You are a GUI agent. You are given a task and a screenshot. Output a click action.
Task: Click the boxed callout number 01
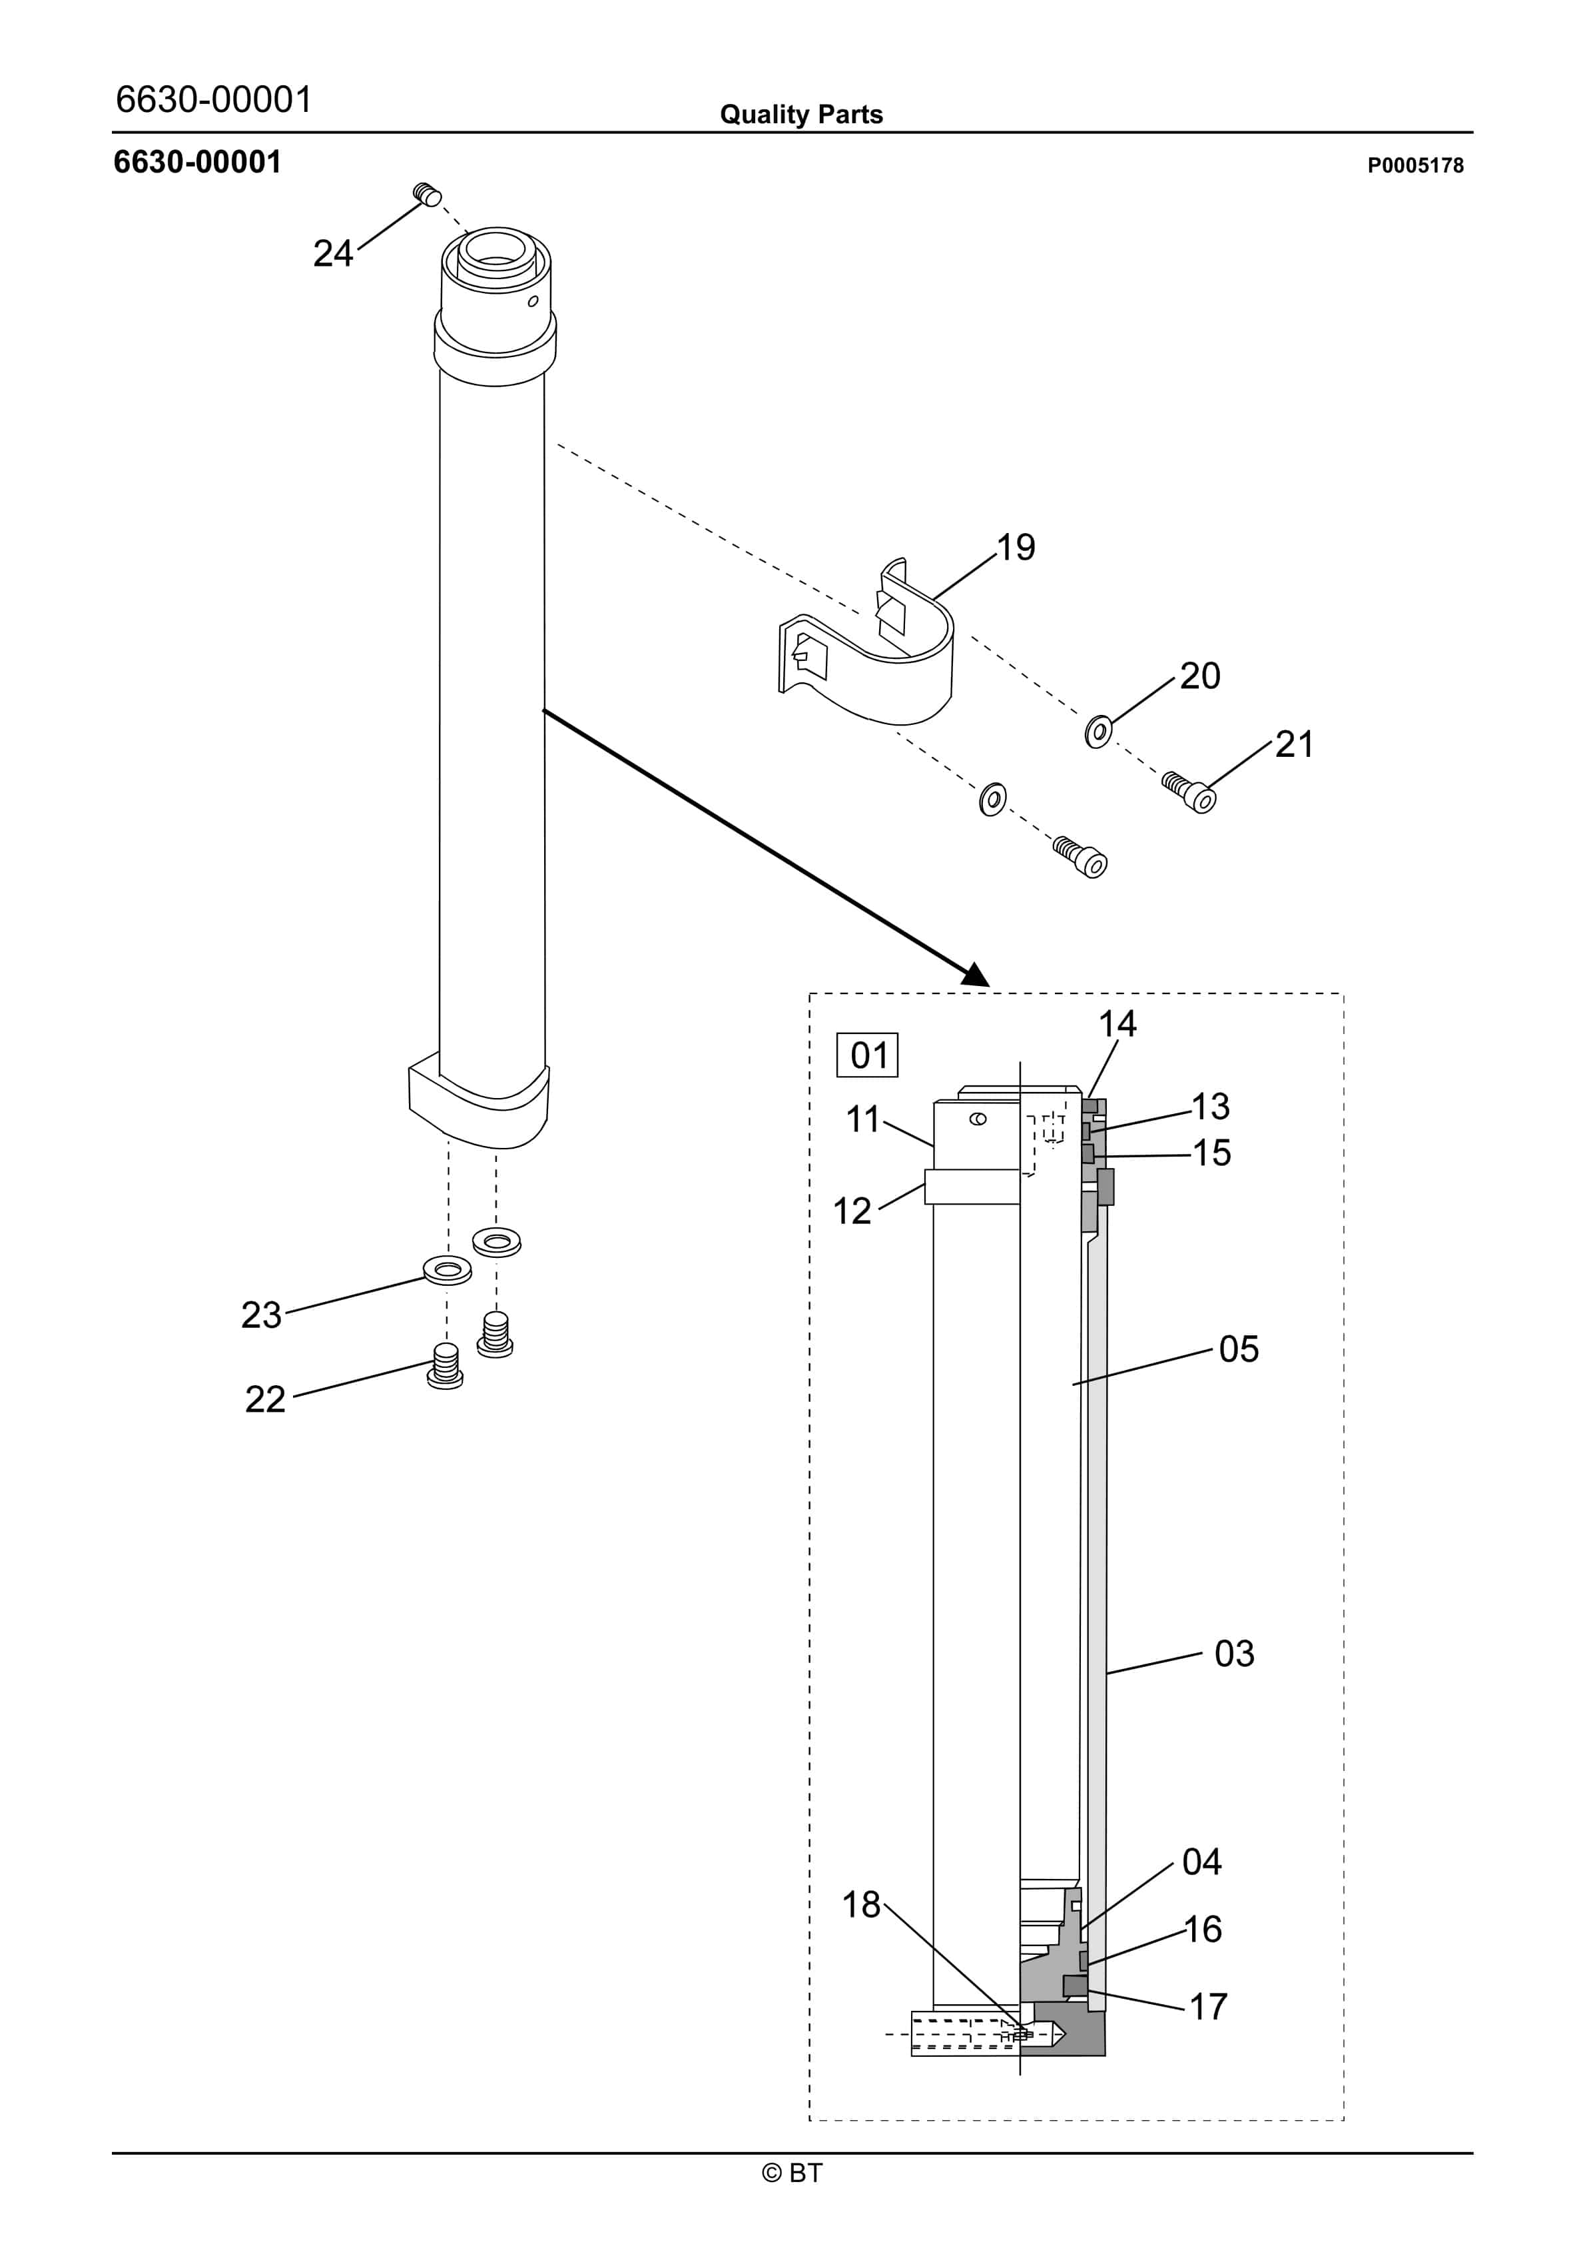867,1055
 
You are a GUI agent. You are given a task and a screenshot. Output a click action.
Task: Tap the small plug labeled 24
427,195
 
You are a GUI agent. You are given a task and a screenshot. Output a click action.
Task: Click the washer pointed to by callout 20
1098,730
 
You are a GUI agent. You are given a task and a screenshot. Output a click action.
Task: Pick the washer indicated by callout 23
448,1271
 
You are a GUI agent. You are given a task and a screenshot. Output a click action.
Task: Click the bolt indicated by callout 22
446,1365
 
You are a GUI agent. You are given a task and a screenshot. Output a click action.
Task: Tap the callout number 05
1238,1350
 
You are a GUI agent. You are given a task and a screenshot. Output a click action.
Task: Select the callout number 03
1233,1654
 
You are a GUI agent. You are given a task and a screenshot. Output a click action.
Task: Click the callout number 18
861,1904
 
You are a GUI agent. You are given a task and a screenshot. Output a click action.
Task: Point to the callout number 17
1208,2007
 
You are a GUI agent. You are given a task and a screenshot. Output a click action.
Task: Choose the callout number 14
1117,1024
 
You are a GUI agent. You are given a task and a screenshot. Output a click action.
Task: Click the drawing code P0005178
1414,166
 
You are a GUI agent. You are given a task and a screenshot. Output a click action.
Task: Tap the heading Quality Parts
800,115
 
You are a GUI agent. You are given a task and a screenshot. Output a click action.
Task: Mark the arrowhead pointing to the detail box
976,975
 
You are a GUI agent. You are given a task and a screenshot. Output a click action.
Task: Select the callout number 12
851,1211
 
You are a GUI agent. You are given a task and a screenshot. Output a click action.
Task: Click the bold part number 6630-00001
197,163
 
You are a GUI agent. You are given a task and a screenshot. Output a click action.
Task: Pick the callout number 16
1203,1930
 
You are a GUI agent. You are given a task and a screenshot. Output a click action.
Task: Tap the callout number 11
862,1119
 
